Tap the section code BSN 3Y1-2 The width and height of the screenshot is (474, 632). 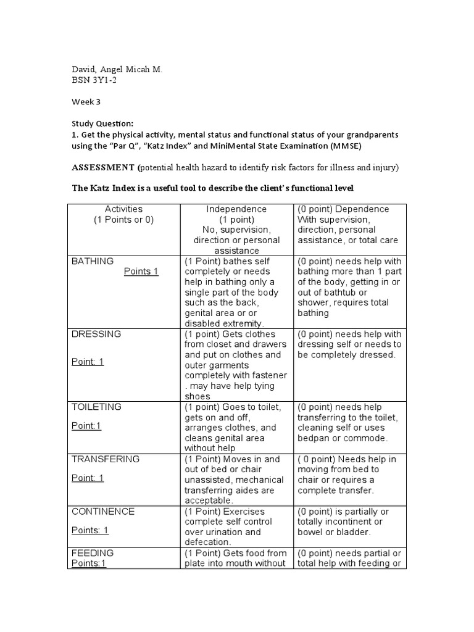coord(94,80)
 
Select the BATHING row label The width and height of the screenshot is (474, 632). coord(93,261)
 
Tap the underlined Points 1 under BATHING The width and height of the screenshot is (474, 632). coord(141,272)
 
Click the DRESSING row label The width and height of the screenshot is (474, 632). coord(96,334)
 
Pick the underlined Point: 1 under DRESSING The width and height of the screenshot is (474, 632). coord(88,362)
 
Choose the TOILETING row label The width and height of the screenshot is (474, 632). coord(97,407)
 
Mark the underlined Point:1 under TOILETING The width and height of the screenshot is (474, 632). coord(86,426)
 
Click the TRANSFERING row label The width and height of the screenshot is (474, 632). coord(106,459)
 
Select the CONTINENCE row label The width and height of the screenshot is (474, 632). coord(103,511)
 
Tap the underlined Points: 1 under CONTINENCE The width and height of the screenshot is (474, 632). coord(90,530)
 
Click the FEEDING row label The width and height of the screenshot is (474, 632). coord(93,553)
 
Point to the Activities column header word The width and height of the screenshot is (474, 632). coord(123,209)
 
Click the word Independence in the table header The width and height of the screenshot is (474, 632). coord(236,209)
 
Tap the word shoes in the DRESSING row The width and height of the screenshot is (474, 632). coord(197,396)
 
